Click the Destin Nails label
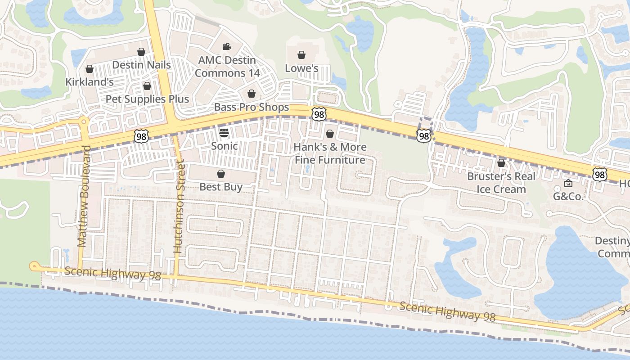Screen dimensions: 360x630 pyautogui.click(x=141, y=65)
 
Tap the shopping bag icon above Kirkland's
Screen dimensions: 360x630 pyautogui.click(x=89, y=69)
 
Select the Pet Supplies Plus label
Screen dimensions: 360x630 pyautogui.click(x=147, y=99)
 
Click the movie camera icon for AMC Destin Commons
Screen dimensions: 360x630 pyautogui.click(x=227, y=47)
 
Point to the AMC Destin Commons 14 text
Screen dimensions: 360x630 pyautogui.click(x=227, y=67)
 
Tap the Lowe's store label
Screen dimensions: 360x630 pyautogui.click(x=301, y=68)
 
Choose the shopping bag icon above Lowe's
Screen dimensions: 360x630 pyautogui.click(x=301, y=55)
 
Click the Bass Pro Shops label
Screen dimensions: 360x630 pyautogui.click(x=251, y=107)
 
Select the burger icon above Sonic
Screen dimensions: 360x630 pyautogui.click(x=224, y=132)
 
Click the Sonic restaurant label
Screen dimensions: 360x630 pyautogui.click(x=224, y=146)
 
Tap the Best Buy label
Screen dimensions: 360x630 pyautogui.click(x=221, y=187)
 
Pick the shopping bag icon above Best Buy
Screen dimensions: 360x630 pyautogui.click(x=221, y=174)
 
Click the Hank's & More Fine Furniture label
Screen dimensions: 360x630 pyautogui.click(x=330, y=153)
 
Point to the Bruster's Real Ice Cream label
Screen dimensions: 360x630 pyautogui.click(x=501, y=182)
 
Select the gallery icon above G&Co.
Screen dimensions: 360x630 pyautogui.click(x=568, y=183)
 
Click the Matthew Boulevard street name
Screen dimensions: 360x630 pyautogui.click(x=84, y=196)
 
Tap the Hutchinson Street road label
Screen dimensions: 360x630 pyautogui.click(x=179, y=208)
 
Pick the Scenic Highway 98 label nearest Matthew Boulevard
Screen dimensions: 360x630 pyautogui.click(x=112, y=273)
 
